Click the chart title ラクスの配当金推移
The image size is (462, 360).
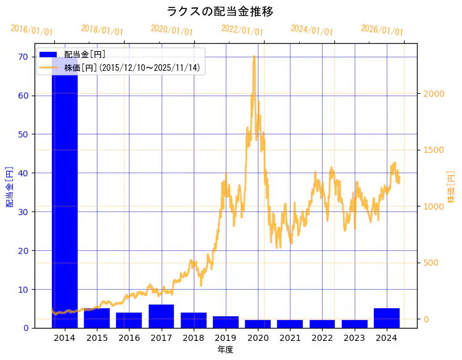(x=220, y=12)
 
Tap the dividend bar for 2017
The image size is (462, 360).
(x=161, y=316)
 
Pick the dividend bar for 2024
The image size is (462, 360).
(x=387, y=318)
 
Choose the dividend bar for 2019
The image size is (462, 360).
(x=226, y=322)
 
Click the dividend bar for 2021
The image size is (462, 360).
(x=290, y=324)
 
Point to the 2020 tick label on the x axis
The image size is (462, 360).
(x=258, y=338)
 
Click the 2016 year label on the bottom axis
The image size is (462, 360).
(x=129, y=338)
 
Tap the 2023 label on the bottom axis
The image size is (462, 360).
(x=355, y=338)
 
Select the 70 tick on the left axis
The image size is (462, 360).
(x=23, y=57)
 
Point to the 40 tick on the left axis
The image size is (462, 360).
(x=23, y=173)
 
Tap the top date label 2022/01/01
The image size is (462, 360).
(x=242, y=30)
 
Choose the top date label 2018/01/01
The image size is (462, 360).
(x=102, y=30)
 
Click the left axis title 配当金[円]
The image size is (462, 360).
(x=9, y=186)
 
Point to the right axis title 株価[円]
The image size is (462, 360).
(x=451, y=187)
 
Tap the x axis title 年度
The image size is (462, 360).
(x=226, y=350)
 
